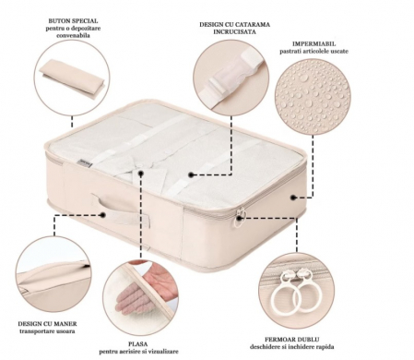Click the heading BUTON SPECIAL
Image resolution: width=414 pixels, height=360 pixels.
[73, 21]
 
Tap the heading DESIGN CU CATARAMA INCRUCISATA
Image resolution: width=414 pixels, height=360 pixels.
[234, 28]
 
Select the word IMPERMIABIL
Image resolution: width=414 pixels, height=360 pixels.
[313, 43]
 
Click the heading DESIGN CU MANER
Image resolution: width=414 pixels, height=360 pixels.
[47, 324]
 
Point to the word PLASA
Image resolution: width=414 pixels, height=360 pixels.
[138, 343]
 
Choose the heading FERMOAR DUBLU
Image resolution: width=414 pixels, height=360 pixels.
[291, 340]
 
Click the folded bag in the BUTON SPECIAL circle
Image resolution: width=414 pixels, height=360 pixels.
[72, 79]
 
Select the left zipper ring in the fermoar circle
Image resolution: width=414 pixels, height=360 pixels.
[285, 297]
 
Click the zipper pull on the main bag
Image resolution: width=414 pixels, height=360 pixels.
[239, 217]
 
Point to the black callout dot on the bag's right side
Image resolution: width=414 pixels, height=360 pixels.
[293, 198]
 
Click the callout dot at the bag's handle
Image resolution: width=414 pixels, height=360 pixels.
[103, 214]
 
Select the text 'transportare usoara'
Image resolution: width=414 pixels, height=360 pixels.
[47, 331]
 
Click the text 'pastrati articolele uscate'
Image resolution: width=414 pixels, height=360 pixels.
[313, 52]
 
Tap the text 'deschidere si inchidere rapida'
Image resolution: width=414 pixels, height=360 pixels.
[291, 347]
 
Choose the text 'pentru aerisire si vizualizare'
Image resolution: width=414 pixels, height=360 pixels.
[138, 352]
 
